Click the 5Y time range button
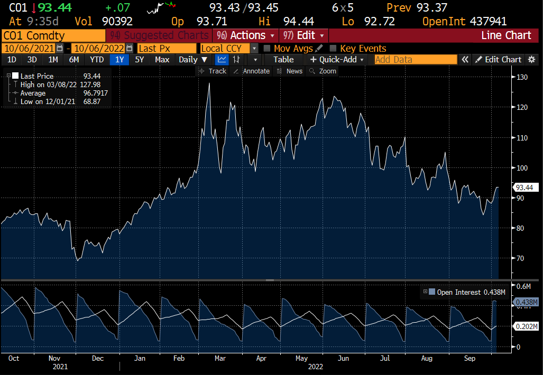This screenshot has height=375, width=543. pyautogui.click(x=139, y=60)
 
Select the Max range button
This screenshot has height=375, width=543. pyautogui.click(x=162, y=60)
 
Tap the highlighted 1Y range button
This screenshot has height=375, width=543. pyautogui.click(x=119, y=60)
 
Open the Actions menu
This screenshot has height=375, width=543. pyautogui.click(x=246, y=35)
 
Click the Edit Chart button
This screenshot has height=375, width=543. pyautogui.click(x=498, y=60)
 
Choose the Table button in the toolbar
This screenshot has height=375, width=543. pyautogui.click(x=283, y=60)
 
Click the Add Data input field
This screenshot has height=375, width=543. pyautogui.click(x=416, y=60)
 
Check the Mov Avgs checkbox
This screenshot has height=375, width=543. pyautogui.click(x=267, y=48)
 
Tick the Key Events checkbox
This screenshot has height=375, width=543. pyautogui.click(x=333, y=48)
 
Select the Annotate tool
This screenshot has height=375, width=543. pyautogui.click(x=252, y=71)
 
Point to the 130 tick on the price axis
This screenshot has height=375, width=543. pyautogui.click(x=522, y=78)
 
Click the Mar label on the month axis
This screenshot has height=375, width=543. pyautogui.click(x=220, y=358)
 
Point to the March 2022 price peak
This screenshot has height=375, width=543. pyautogui.click(x=209, y=83)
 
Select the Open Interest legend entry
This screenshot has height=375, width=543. pyautogui.click(x=458, y=292)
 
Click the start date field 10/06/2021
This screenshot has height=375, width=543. pyautogui.click(x=29, y=48)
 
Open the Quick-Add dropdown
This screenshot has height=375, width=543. pyautogui.click(x=337, y=60)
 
